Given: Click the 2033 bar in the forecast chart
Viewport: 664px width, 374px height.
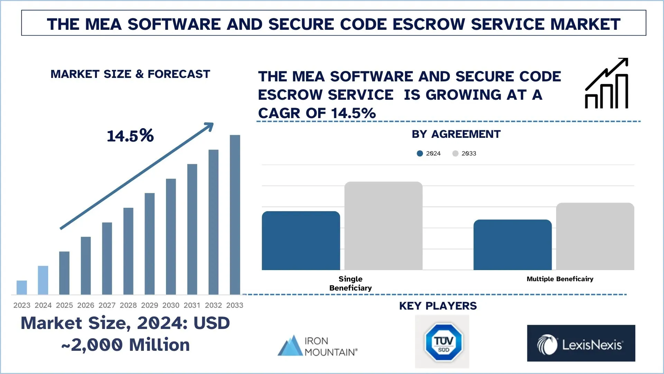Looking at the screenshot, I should [235, 215].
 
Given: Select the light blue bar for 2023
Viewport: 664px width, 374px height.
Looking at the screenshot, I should [22, 287].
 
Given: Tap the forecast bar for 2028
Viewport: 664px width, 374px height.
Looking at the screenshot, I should [128, 251].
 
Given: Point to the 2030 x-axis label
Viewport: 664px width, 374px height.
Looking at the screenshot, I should [171, 305].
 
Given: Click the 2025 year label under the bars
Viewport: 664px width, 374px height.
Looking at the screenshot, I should [64, 305].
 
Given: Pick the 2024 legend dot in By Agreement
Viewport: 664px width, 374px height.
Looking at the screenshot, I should [420, 153].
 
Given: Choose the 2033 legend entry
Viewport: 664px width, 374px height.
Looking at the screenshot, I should [464, 153].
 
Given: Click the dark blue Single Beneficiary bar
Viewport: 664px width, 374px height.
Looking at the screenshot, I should [301, 241].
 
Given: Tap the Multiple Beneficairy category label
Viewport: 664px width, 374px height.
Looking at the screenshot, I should [560, 279].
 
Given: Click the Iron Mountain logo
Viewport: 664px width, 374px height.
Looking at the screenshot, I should [317, 346].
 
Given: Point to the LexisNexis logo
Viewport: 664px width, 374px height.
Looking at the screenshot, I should [581, 344].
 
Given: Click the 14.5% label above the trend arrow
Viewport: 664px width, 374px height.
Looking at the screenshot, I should [130, 136].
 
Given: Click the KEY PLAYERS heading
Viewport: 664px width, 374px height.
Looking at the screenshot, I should [438, 306].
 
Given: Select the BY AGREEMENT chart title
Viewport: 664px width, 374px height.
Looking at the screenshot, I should [456, 134].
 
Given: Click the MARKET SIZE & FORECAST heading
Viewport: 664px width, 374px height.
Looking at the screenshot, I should [130, 74].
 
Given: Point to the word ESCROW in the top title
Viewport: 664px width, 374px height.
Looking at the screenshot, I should [429, 24].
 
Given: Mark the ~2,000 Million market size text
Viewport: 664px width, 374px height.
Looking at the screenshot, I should [126, 345].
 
